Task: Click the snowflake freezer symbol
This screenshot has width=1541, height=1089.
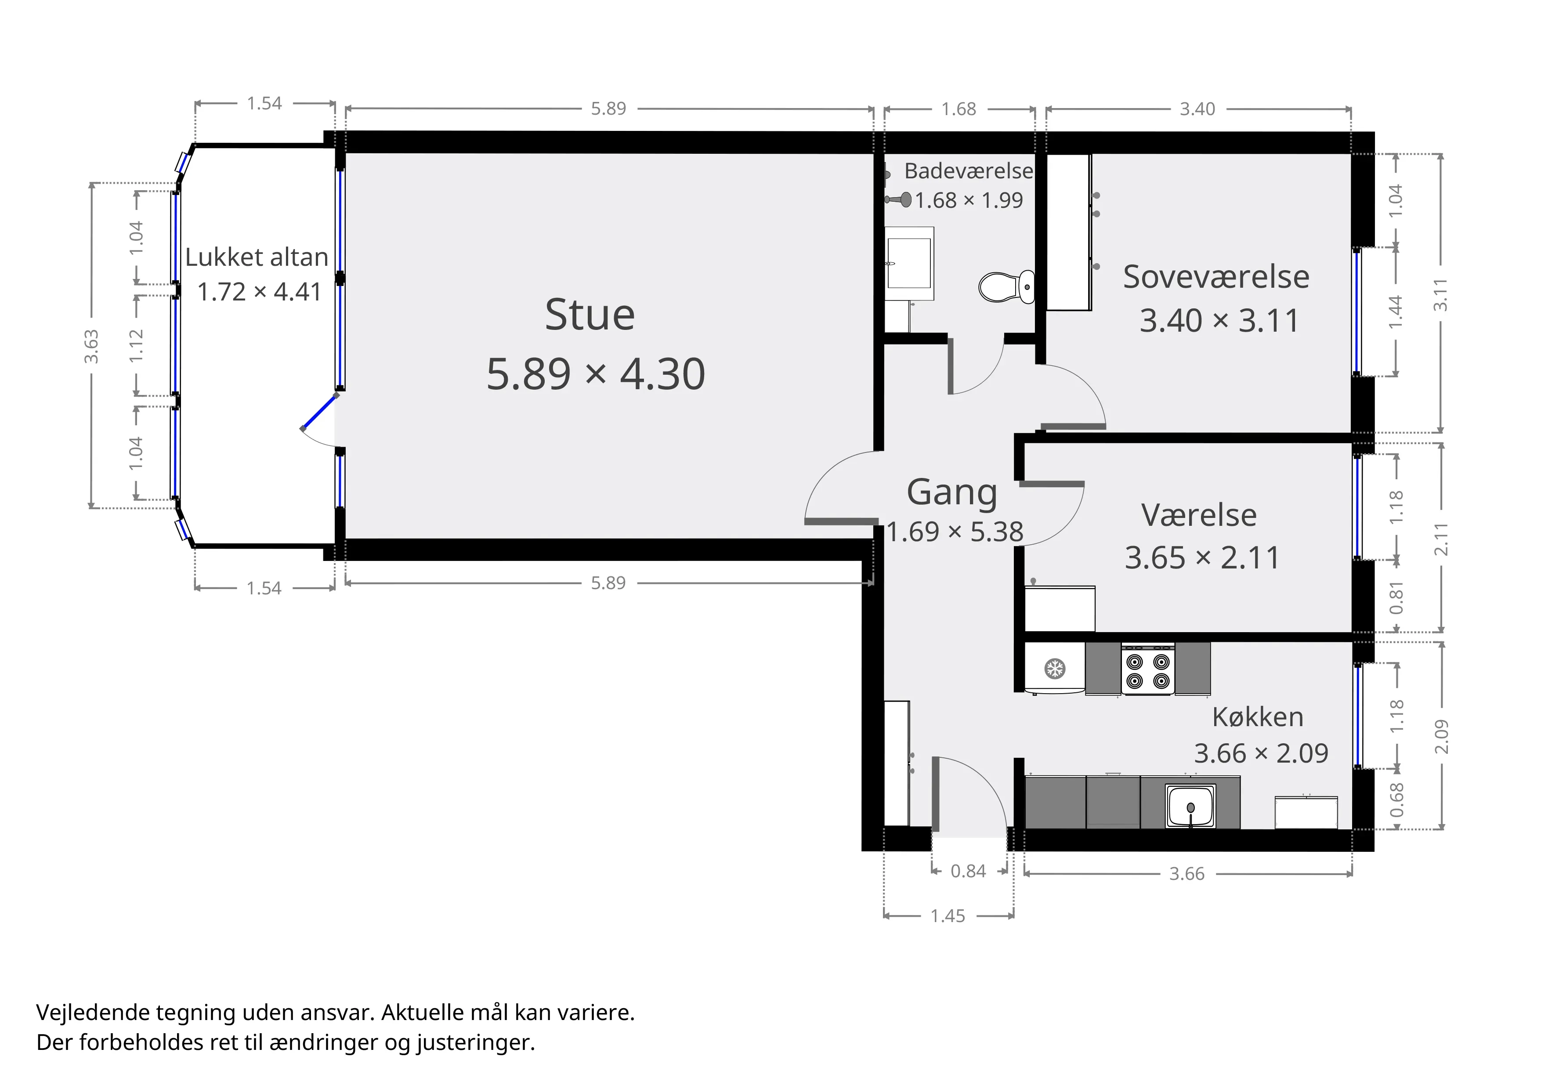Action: [1055, 668]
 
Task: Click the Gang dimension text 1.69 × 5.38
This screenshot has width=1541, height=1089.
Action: [955, 532]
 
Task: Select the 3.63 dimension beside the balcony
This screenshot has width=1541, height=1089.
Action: [91, 346]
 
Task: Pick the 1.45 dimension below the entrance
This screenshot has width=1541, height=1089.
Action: [948, 916]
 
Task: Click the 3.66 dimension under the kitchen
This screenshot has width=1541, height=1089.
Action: [1186, 874]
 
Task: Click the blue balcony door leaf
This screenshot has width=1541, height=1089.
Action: [319, 412]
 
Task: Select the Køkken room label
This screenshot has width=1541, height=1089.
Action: [1258, 717]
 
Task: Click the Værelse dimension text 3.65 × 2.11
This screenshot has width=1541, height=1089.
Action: [1203, 557]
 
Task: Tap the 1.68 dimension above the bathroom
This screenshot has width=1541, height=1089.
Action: [959, 109]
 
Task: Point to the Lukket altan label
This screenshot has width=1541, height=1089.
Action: [257, 257]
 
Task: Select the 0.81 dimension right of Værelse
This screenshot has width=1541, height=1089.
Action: [1396, 598]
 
